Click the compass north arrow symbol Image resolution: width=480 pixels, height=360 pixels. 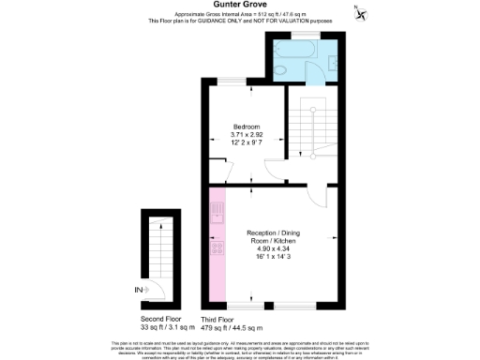359,10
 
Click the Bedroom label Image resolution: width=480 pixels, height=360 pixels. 246,127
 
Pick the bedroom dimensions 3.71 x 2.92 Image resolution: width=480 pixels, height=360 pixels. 247,134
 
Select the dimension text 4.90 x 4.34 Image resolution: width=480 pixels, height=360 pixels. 274,249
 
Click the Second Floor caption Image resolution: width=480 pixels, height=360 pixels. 157,320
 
